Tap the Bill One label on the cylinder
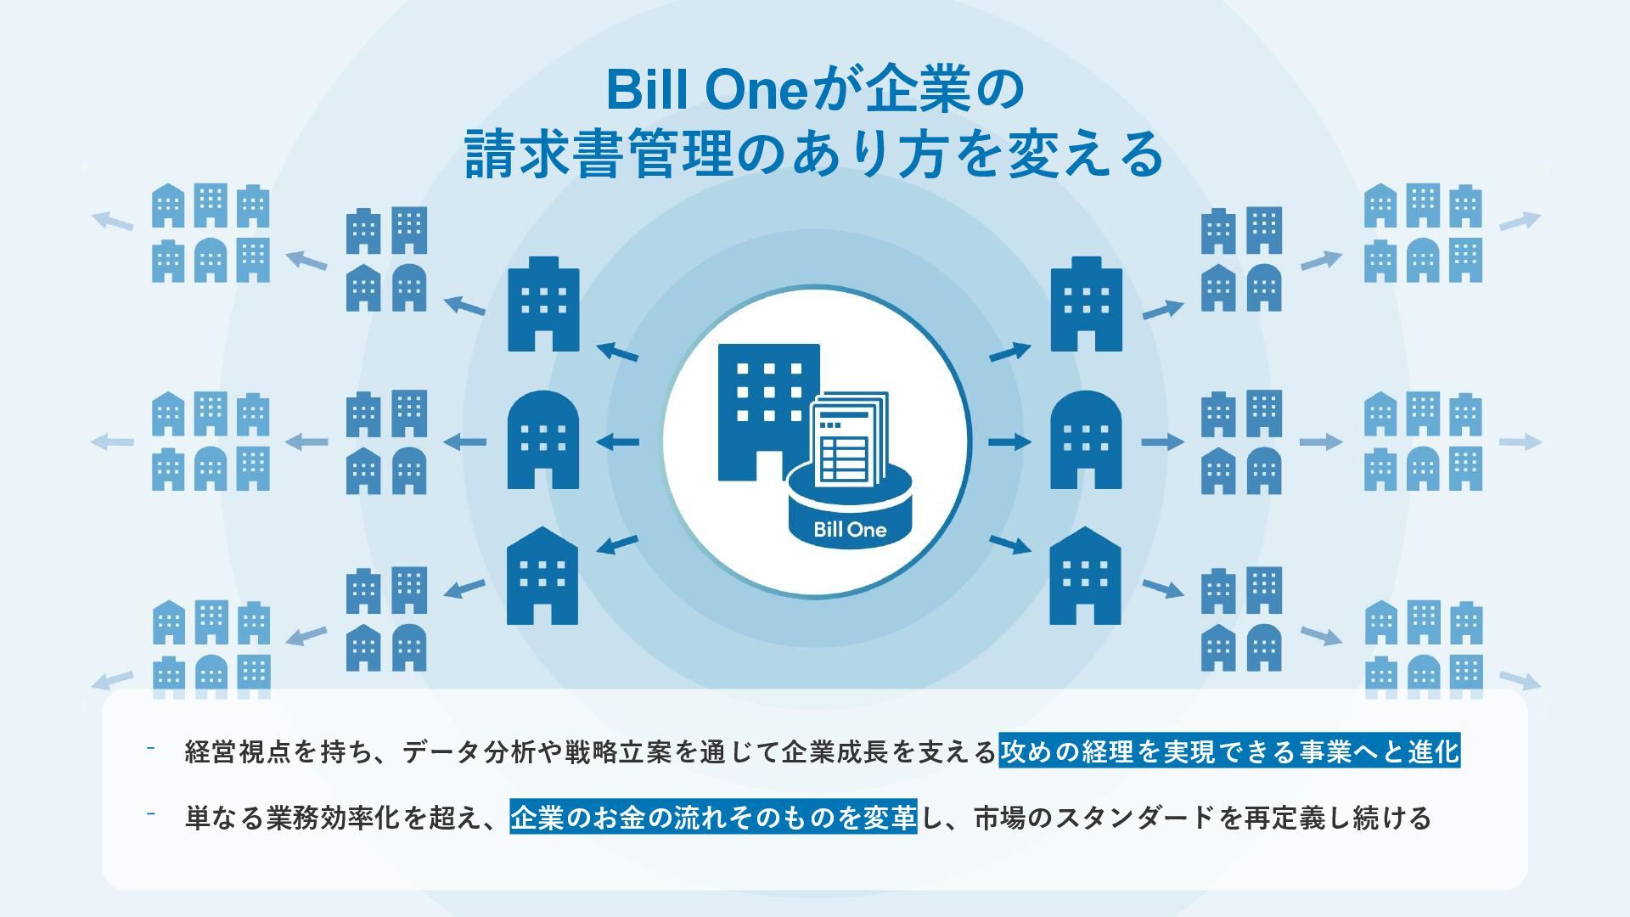[850, 530]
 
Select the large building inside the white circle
[768, 412]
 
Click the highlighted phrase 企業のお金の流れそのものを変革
[713, 817]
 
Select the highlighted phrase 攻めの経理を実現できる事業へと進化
[1229, 751]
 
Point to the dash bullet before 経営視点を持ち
[150, 748]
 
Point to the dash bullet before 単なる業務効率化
[150, 813]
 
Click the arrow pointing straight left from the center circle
[618, 442]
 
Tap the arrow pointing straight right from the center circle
[1010, 442]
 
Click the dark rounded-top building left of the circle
[543, 440]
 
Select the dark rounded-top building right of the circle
[1086, 440]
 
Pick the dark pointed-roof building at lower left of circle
[542, 576]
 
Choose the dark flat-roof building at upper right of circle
[1086, 304]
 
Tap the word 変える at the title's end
[1084, 154]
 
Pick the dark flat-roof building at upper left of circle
[543, 304]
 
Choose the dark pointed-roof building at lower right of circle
[1085, 576]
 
